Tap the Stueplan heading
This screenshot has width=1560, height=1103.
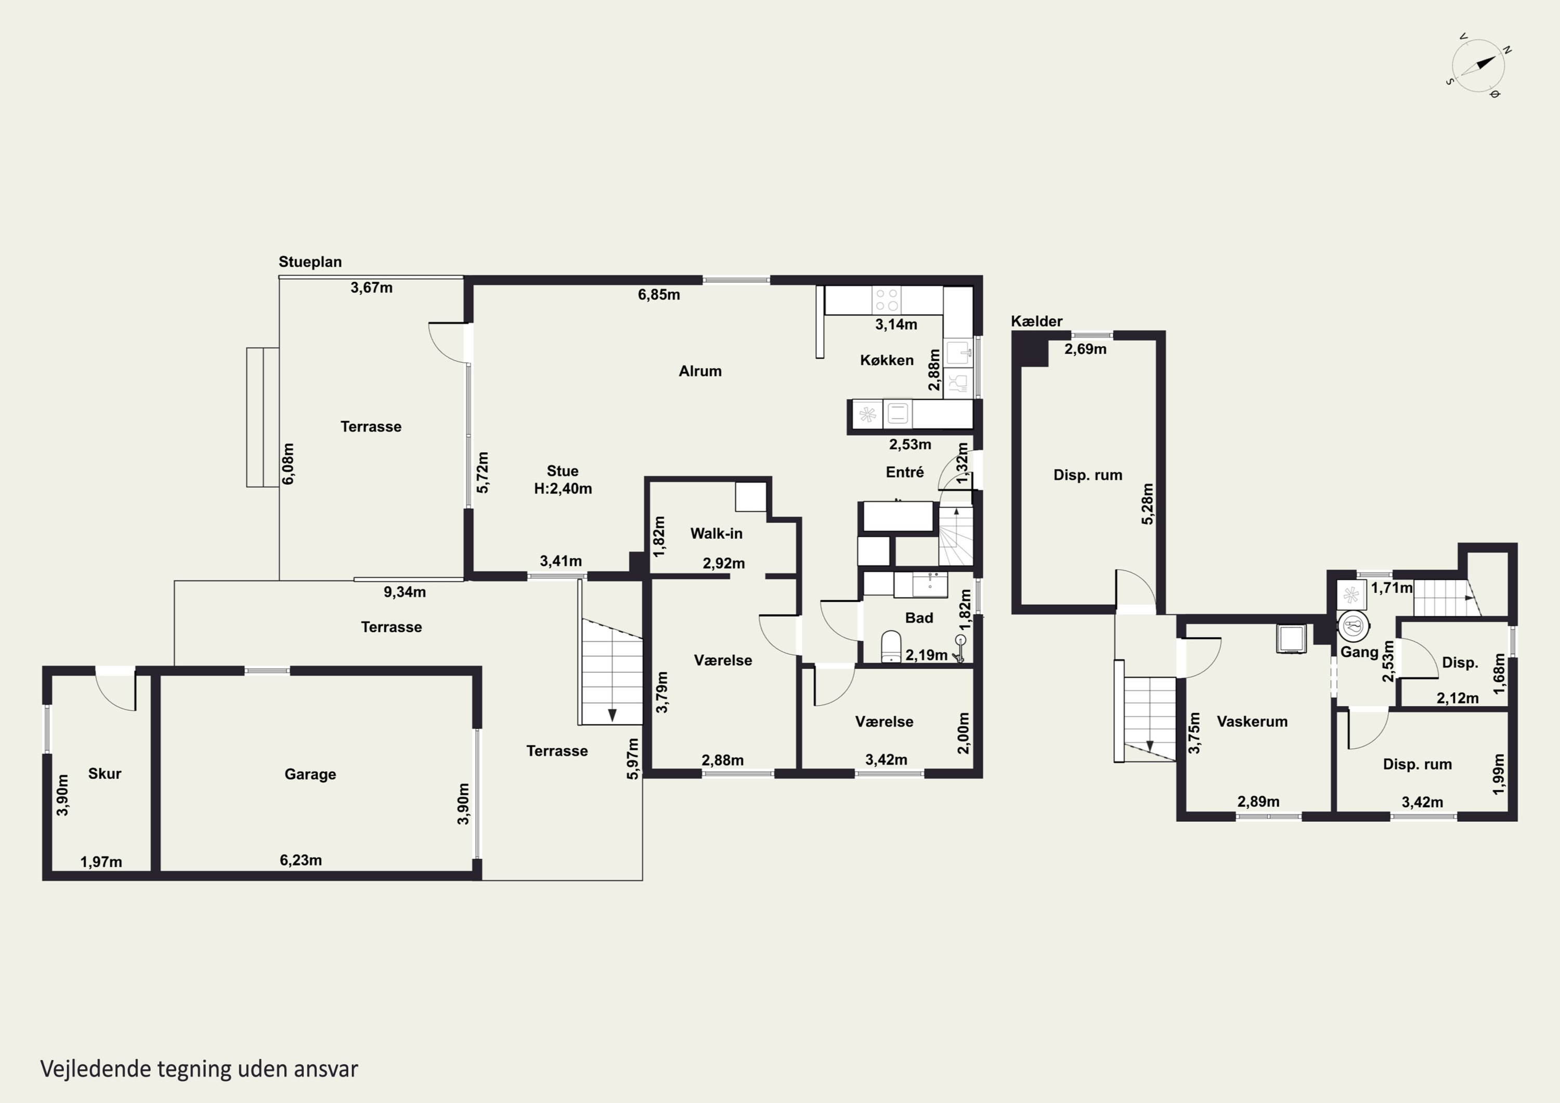point(310,262)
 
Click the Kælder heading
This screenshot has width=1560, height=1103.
point(1036,321)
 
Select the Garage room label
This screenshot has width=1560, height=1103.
point(310,774)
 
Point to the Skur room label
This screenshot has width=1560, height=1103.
point(105,773)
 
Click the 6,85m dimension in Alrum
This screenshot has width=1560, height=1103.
point(658,294)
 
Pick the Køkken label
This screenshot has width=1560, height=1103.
point(887,360)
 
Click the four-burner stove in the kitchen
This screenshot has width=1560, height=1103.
point(887,300)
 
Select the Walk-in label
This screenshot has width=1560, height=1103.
point(716,534)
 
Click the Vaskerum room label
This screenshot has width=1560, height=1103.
point(1252,722)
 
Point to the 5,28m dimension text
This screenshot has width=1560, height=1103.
point(1147,503)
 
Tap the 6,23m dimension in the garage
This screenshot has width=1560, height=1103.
point(301,860)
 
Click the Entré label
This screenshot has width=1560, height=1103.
point(904,472)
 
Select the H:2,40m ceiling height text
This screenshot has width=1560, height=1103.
point(563,489)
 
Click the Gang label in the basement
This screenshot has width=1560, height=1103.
point(1359,653)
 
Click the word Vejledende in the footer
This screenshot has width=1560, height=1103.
point(95,1069)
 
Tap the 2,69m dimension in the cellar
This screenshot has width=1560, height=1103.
point(1085,349)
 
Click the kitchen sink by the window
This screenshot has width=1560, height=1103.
point(959,353)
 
